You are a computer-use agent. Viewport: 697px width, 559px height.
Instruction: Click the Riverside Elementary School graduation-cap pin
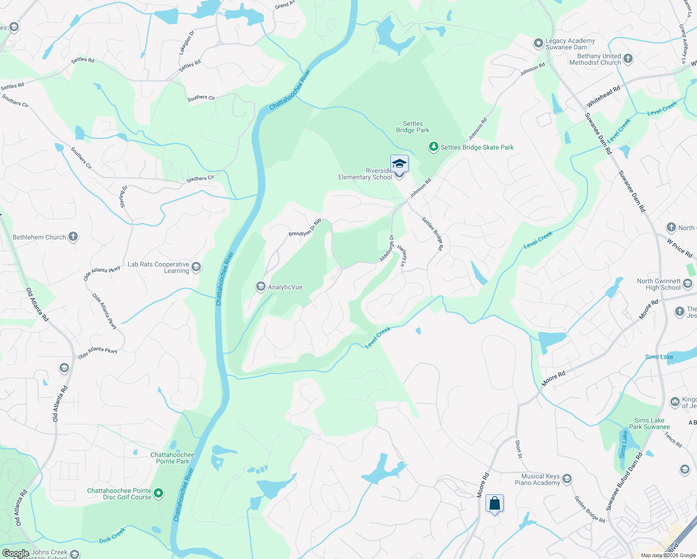pos(399,164)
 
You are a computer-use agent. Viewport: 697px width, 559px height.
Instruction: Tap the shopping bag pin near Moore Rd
pos(494,504)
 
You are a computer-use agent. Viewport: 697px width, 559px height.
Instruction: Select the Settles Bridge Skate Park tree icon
pos(434,147)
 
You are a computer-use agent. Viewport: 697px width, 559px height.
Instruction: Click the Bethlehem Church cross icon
pos(73,237)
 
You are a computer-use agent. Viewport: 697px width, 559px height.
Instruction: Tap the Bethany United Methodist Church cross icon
pos(628,59)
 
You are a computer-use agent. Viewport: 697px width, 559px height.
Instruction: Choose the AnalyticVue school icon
pos(261,287)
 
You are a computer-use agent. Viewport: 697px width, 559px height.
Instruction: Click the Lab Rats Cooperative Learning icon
pos(196,267)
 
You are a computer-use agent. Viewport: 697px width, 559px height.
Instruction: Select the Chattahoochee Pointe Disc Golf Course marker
pos(158,493)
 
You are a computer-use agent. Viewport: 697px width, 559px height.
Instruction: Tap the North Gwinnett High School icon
pos(687,284)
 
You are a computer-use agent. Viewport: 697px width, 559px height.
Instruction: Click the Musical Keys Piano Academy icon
pos(567,479)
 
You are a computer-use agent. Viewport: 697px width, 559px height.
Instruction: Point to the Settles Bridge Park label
pos(413,127)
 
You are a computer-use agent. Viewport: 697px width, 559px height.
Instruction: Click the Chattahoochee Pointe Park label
pos(172,458)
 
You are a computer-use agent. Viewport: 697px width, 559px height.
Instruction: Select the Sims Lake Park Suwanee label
pos(649,423)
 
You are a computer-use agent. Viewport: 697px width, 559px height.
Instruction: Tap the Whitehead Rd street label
pos(603,96)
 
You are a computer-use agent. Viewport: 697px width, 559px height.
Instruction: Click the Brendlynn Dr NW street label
pos(305,227)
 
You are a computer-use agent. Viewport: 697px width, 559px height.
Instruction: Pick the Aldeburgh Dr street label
pos(387,248)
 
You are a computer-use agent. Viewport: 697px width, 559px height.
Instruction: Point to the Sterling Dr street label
pos(123,197)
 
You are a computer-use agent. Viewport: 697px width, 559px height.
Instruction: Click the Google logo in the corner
pos(15,553)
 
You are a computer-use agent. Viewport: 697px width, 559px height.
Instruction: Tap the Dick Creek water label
pos(112,536)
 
